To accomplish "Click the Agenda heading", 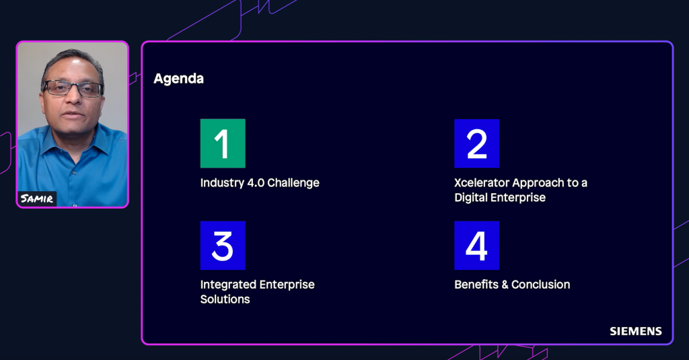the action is [178, 79].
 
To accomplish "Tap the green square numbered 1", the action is [223, 143].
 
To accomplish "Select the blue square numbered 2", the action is [477, 143].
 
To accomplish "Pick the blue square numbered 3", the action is [223, 246].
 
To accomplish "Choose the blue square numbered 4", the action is [477, 246].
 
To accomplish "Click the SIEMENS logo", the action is [635, 332].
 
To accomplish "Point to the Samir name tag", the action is [37, 199].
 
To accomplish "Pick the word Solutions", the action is [225, 299].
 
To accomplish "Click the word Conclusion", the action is [540, 285].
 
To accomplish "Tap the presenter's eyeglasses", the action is [73, 88].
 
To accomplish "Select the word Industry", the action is [222, 183].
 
